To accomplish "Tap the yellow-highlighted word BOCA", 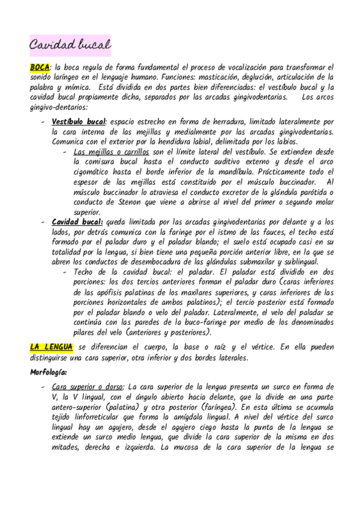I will point(40,68).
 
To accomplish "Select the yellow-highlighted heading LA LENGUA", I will point(52,347).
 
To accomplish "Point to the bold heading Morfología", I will point(49,372).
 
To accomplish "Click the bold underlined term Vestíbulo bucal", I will point(79,122).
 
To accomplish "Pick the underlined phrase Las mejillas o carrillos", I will point(110,152).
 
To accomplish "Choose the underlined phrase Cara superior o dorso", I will point(89,387).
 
